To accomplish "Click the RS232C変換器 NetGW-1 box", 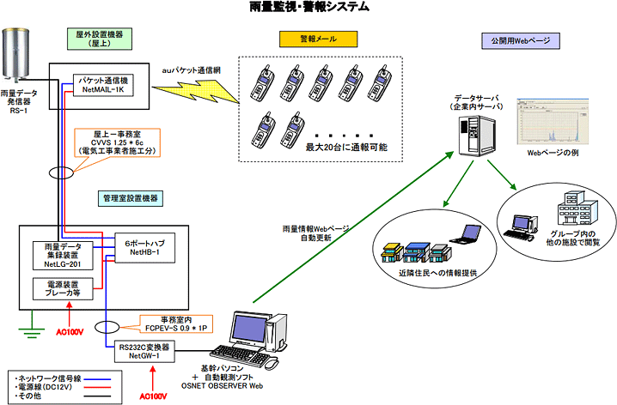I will [x=144, y=351].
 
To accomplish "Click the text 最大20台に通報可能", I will [x=345, y=148].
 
